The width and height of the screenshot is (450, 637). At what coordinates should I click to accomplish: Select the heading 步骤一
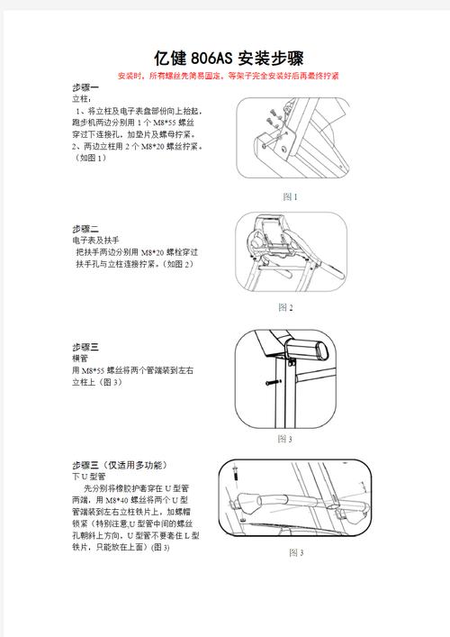point(85,87)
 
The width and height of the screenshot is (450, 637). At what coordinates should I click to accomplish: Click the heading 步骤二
point(85,229)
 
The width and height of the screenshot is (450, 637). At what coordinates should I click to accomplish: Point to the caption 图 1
point(289,196)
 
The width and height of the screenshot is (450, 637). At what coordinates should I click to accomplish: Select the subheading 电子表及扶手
point(94,241)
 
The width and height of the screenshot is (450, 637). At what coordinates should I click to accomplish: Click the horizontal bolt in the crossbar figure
point(273,383)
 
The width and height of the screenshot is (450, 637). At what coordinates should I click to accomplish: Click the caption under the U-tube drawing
point(295,552)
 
